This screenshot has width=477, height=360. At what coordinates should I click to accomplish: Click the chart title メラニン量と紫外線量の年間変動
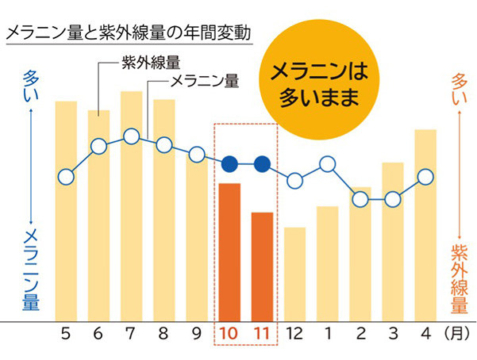point(128,34)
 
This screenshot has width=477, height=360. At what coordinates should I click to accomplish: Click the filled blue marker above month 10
point(229,164)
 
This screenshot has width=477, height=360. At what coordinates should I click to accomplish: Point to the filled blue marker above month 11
point(262,164)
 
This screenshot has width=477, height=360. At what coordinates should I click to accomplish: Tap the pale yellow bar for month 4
point(425,225)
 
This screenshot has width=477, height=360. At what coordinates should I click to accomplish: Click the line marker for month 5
point(66,176)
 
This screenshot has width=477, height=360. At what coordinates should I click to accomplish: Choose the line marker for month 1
point(327,165)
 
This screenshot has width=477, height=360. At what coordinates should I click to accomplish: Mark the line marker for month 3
point(393,198)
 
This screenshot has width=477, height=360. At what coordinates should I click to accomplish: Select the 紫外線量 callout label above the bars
point(152,62)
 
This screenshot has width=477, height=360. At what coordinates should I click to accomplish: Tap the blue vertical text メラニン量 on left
point(31,270)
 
